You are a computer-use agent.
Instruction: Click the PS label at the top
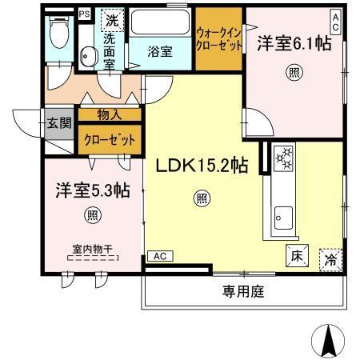(x=84, y=14)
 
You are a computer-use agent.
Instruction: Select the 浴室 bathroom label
(x=160, y=51)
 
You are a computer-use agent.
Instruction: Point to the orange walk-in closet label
(x=218, y=38)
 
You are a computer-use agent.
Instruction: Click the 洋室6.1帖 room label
(x=294, y=45)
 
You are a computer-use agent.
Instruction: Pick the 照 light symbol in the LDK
(x=202, y=197)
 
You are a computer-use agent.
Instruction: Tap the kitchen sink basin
(x=284, y=215)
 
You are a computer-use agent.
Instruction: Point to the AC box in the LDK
(x=159, y=256)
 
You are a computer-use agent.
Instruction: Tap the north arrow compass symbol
(x=328, y=340)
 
